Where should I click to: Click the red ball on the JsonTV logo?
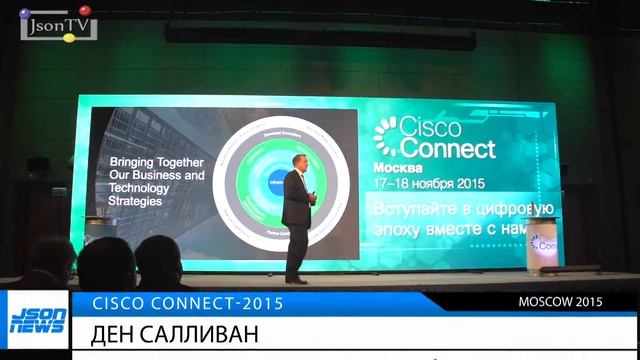[84, 11]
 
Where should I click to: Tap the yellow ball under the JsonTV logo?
[68, 38]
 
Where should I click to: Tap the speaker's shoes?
[293, 279]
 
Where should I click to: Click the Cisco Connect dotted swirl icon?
[385, 136]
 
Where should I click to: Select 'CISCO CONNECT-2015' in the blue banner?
[187, 302]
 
